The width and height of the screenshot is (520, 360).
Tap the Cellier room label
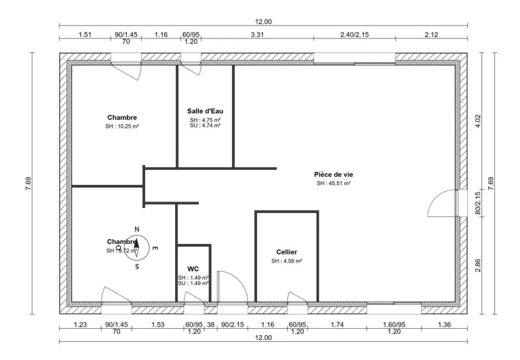click(x=287, y=252)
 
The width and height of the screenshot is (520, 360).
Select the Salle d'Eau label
click(x=205, y=111)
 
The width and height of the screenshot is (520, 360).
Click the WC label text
click(x=193, y=269)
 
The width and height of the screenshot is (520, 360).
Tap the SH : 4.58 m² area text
click(x=287, y=261)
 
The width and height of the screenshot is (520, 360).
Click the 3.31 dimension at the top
click(x=257, y=35)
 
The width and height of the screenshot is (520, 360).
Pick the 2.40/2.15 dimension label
click(x=354, y=35)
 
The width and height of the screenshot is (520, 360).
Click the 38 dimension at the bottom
click(x=211, y=325)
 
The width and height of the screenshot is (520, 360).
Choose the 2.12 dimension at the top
click(x=431, y=35)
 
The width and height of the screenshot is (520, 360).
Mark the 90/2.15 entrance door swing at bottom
click(x=230, y=286)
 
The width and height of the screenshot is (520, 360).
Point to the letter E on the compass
click(x=154, y=248)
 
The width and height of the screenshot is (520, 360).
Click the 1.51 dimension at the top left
click(x=85, y=35)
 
